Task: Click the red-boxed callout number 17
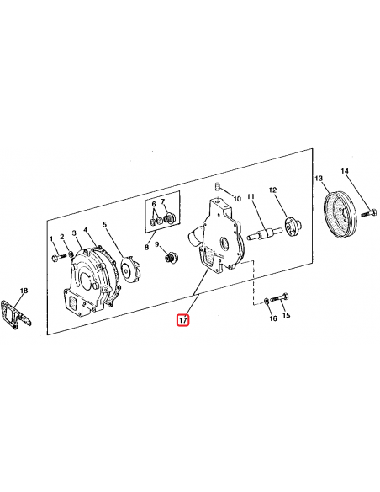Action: point(182,320)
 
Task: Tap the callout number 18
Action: point(24,291)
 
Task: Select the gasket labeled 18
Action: point(16,313)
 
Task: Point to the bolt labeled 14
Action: point(370,213)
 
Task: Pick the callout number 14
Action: point(345,171)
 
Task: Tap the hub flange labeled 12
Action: point(293,227)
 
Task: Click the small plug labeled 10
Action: point(217,187)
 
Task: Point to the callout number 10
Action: point(237,199)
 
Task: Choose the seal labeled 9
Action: point(171,258)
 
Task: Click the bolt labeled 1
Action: point(59,258)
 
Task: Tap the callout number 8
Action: point(147,247)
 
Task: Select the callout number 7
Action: point(163,201)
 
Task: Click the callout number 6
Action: point(154,204)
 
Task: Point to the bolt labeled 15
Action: point(279,297)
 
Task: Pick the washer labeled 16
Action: point(266,301)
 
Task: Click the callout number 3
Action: point(74,233)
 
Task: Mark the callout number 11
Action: point(251,196)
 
